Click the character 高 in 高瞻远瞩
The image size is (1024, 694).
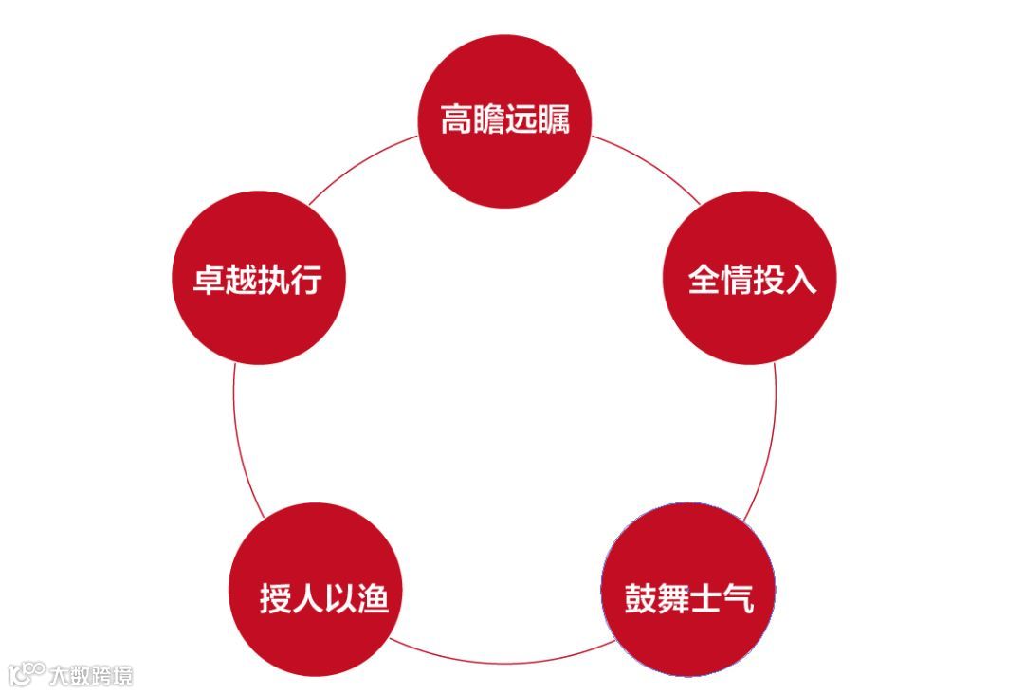pos(457,121)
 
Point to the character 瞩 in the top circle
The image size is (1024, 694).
pos(553,121)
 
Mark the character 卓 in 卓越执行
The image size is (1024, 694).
pos(209,280)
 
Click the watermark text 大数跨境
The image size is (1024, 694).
pos(92,675)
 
